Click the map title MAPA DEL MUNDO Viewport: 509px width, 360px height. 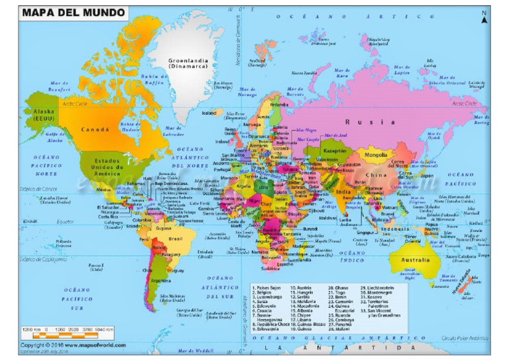point(73,13)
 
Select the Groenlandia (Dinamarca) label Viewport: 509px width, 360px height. point(188,63)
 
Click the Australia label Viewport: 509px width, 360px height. point(416,259)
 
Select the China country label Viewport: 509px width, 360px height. point(376,175)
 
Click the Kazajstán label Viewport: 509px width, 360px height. point(335,150)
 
